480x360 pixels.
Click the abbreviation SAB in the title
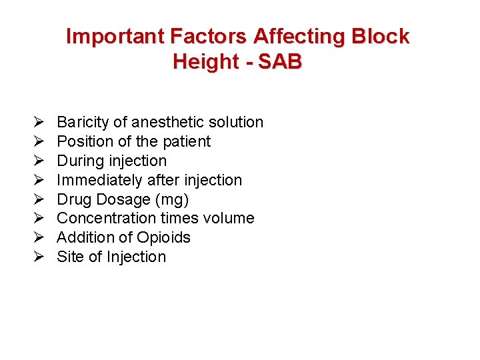[280, 61]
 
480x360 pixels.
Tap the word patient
[185, 141]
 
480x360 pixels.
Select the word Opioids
[163, 237]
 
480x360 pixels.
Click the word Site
[69, 257]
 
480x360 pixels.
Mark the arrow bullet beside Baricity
[38, 123]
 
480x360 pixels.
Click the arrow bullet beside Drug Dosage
[38, 199]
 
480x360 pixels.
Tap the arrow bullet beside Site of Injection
[38, 257]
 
